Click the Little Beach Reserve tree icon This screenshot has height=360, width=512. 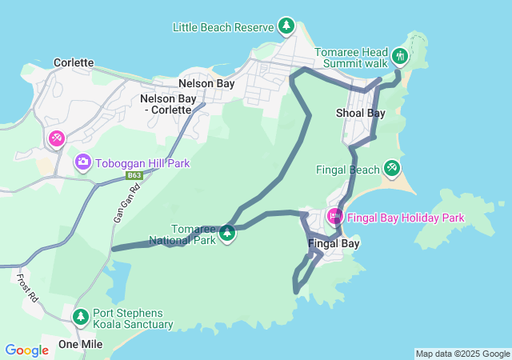coord(286,26)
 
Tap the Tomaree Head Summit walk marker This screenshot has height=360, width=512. coord(400,56)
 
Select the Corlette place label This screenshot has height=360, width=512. coord(74,62)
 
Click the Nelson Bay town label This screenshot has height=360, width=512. coord(206,83)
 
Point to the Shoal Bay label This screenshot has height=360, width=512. coord(360,113)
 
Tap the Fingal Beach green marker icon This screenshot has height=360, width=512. coord(391,168)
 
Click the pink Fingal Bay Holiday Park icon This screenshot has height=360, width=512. coord(334,216)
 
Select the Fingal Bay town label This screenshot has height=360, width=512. coord(334,243)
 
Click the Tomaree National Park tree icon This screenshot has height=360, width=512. coord(228,234)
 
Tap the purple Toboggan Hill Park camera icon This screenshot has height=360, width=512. coord(83,163)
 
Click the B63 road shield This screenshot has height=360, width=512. coord(134,175)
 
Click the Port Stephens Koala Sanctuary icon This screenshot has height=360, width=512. coord(80,317)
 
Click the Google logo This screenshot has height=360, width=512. coord(26,350)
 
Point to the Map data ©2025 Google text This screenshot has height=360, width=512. coord(462,354)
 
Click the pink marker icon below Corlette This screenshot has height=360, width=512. coord(56,139)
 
